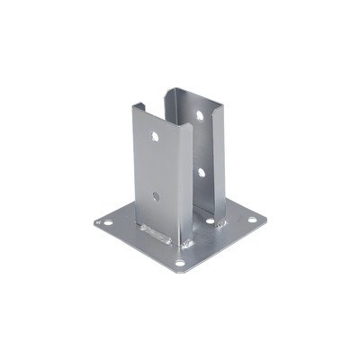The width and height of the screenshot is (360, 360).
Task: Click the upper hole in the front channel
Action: tap(155, 139)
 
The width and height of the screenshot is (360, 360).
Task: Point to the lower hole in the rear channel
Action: tap(202, 170)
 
